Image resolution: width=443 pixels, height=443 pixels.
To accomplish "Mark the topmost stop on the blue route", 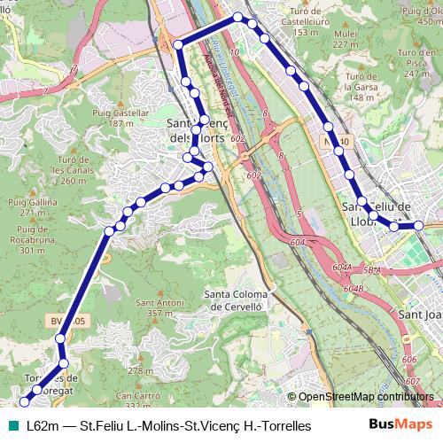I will [x=237, y=17].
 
